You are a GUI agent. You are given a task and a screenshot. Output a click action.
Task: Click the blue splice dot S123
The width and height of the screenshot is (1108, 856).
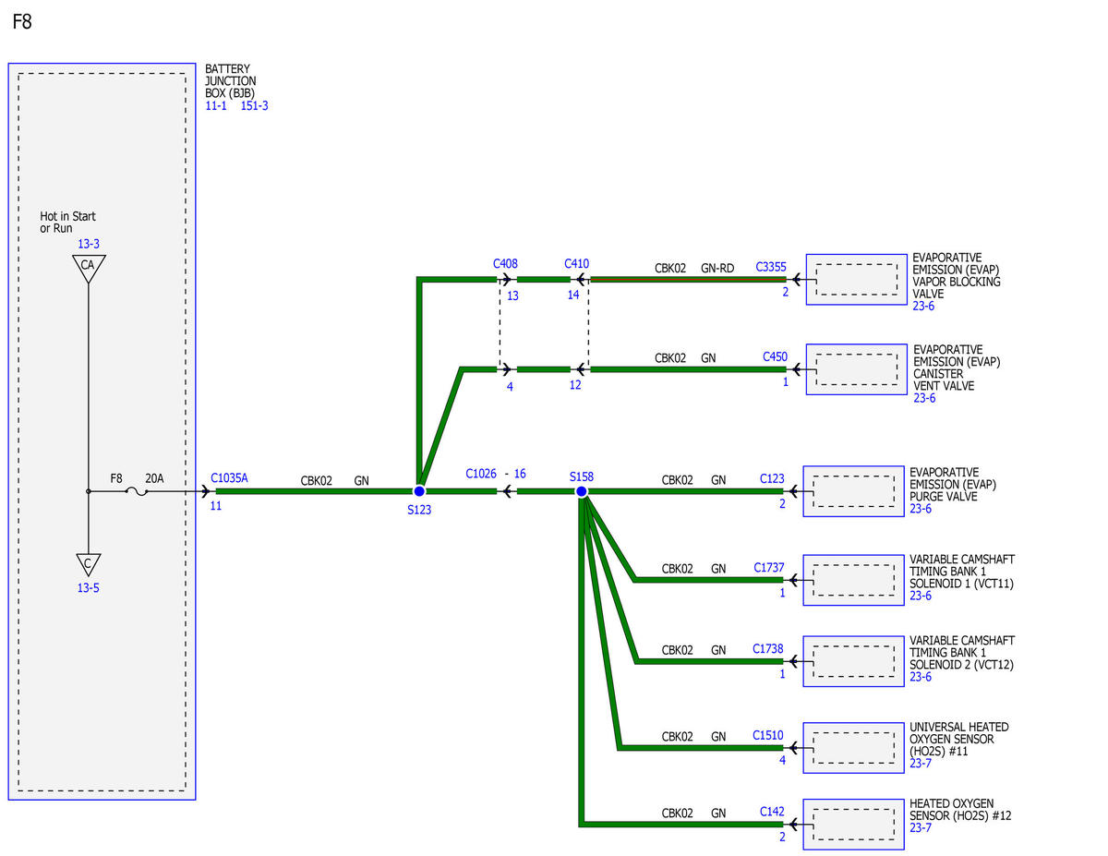coord(419,491)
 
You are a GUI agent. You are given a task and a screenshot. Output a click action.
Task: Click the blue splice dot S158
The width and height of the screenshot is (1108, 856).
coord(581,491)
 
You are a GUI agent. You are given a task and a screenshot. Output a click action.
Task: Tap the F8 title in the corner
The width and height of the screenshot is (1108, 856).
coord(22,22)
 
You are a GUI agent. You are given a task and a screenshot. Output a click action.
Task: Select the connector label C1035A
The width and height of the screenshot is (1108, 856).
coord(229,478)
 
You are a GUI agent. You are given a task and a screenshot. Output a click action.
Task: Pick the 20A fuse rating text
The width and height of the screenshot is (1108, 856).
coord(154,478)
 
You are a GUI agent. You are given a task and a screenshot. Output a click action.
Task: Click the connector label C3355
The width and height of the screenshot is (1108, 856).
coord(770,267)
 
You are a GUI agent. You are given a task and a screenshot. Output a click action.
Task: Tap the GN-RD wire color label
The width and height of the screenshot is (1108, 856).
coord(717,268)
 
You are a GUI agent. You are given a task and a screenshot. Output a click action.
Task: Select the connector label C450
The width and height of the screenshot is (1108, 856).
coord(775,356)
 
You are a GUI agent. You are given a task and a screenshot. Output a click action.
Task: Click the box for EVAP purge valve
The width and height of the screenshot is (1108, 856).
coord(853,491)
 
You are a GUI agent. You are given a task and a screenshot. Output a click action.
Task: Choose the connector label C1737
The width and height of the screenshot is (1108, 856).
coord(768,568)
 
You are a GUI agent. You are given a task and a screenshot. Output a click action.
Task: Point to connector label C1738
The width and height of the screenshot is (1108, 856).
coord(768,648)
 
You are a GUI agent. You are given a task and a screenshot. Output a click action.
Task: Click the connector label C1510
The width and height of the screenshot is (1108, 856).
coord(768,735)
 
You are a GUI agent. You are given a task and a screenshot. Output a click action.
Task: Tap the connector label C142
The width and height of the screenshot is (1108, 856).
coord(772,812)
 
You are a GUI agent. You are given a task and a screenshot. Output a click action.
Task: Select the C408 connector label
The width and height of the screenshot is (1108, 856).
coord(505,263)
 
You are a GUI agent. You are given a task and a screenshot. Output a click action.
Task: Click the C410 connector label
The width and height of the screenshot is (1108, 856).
coord(576,263)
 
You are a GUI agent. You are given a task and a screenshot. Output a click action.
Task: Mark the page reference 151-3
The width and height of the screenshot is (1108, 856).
coord(254,106)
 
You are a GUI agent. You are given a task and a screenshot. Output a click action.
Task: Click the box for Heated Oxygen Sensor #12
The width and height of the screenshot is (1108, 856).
coord(853,825)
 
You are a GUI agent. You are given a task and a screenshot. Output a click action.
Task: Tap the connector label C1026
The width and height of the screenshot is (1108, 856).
coord(480,474)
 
